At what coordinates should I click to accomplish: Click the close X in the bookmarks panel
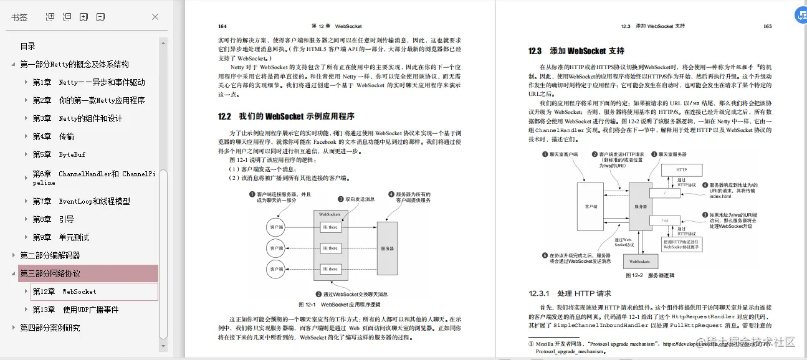pyautogui.click(x=155, y=17)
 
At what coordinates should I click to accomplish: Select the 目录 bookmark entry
pyautogui.click(x=28, y=46)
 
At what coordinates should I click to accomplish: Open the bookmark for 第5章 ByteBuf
pyautogui.click(x=59, y=154)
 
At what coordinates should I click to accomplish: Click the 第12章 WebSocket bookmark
pyautogui.click(x=64, y=291)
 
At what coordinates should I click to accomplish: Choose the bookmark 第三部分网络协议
pyautogui.click(x=50, y=273)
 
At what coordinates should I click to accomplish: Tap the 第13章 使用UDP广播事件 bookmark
pyautogui.click(x=75, y=310)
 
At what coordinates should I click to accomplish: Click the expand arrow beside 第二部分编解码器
pyautogui.click(x=14, y=255)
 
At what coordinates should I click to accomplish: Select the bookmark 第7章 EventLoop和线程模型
pyautogui.click(x=81, y=201)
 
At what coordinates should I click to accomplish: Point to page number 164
pyautogui.click(x=222, y=26)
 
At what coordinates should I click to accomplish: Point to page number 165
pyautogui.click(x=767, y=26)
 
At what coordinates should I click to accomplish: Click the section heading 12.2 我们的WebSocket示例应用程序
pyautogui.click(x=286, y=116)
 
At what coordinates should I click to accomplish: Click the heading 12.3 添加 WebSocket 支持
pyautogui.click(x=576, y=51)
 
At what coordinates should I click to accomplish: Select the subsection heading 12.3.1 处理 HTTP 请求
pyautogui.click(x=570, y=293)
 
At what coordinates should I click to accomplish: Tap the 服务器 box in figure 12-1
pyautogui.click(x=387, y=248)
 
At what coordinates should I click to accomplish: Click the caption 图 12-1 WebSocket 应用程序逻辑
pyautogui.click(x=339, y=305)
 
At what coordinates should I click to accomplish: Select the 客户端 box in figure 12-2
pyautogui.click(x=592, y=206)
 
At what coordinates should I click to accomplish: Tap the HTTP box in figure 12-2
pyautogui.click(x=681, y=169)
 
